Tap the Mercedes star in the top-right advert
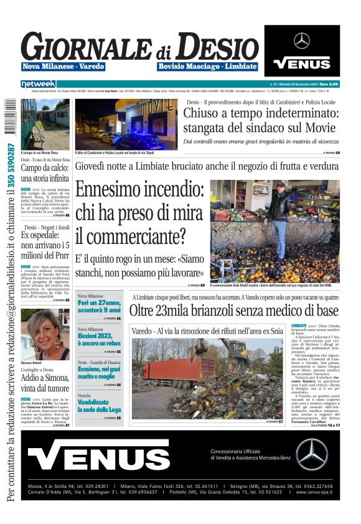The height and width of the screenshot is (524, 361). click(x=302, y=41)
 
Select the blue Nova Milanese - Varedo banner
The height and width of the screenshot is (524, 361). click(x=63, y=66)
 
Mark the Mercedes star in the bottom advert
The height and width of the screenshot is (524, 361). click(x=311, y=454)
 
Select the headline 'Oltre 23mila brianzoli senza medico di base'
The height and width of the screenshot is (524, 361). click(x=234, y=310)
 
